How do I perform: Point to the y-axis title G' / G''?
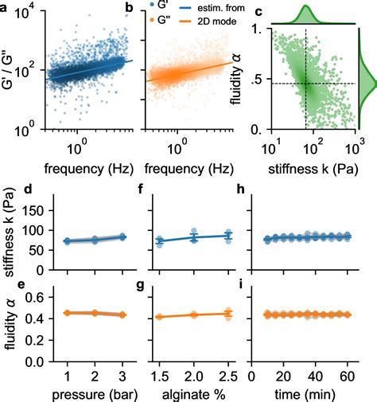10,67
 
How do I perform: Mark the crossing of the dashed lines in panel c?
306,83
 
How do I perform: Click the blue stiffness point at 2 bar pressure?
95,239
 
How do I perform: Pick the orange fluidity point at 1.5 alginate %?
161,317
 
